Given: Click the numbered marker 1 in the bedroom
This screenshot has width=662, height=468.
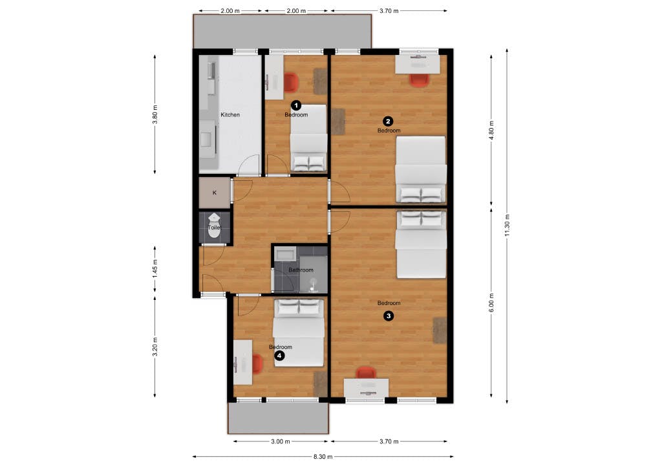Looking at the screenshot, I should (296, 104).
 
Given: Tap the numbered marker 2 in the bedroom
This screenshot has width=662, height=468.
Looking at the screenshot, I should (388, 120).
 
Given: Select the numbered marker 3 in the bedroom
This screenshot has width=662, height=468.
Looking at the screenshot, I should (388, 316).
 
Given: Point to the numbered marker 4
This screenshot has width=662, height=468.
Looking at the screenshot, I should (279, 355).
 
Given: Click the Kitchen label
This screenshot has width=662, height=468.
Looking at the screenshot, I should (230, 115).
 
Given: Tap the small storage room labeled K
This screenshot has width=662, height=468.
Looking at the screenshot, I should (215, 193).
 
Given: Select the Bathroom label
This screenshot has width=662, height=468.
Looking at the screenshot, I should (301, 270).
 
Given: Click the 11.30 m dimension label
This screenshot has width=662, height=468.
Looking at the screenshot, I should (507, 223).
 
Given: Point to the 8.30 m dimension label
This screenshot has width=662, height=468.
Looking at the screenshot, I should (323, 456).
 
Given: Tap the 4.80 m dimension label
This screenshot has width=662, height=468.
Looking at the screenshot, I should (491, 129).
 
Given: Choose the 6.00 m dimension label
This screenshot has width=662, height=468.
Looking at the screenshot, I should (491, 304).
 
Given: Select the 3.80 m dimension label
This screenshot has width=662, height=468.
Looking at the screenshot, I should (155, 113).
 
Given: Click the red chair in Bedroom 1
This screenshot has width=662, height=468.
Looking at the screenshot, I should (291, 82).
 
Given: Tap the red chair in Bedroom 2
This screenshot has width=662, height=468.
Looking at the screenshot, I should (419, 80).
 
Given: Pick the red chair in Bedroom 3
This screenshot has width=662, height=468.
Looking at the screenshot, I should (367, 373).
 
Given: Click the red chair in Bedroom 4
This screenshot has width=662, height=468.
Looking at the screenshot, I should (257, 365).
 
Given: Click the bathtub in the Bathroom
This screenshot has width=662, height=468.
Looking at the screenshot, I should (284, 253).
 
